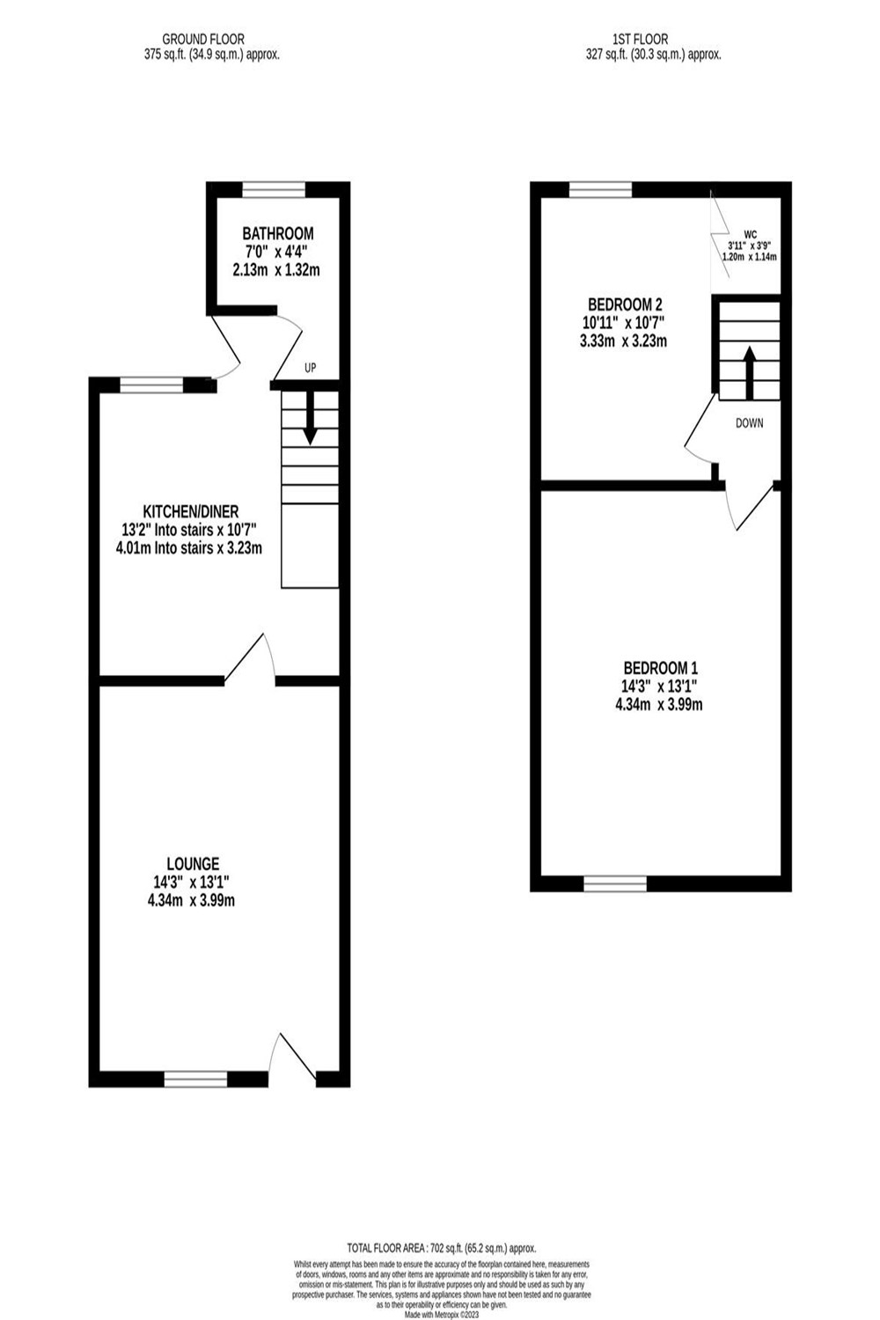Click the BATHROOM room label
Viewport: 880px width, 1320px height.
tap(278, 234)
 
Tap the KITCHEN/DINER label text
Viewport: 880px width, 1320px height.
tap(191, 511)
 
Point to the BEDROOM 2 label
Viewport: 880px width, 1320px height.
tap(622, 304)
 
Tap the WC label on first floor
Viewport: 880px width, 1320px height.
tap(750, 234)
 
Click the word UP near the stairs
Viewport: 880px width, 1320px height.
tap(310, 369)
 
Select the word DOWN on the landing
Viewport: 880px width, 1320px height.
tap(750, 423)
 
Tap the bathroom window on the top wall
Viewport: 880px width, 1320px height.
tap(274, 187)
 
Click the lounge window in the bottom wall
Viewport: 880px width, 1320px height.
tap(195, 1078)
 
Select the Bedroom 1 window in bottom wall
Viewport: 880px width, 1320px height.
tap(615, 883)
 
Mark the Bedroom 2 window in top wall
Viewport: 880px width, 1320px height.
tap(600, 188)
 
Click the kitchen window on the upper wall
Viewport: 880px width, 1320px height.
tap(150, 385)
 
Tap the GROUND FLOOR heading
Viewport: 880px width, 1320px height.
tap(203, 39)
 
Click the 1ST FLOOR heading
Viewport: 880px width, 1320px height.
tap(640, 39)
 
